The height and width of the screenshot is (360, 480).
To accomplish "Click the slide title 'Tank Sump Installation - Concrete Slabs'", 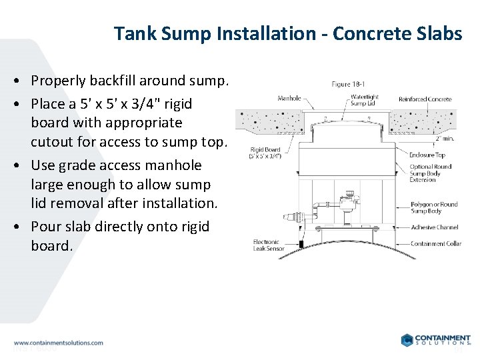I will click(287, 33).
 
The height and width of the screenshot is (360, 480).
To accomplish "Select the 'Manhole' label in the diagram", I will click(289, 99).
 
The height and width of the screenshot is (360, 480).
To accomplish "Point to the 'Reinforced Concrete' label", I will click(425, 99).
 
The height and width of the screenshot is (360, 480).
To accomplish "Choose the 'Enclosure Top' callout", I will click(427, 155).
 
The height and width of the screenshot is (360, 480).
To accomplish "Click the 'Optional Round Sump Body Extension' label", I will click(431, 173).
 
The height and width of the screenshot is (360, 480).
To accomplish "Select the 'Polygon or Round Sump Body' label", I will click(434, 207).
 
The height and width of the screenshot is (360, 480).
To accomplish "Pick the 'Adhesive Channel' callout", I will click(433, 227).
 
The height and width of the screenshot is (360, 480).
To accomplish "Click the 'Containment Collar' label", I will click(435, 244).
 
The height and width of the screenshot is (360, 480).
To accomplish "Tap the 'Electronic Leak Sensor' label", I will click(269, 245).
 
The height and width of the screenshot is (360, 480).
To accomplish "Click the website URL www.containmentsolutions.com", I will click(59, 343).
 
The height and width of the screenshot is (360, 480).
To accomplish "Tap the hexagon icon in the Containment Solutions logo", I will click(407, 340).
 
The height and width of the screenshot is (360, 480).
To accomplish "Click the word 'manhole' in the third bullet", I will click(176, 165).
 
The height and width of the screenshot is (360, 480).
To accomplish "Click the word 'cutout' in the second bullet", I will click(51, 141).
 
